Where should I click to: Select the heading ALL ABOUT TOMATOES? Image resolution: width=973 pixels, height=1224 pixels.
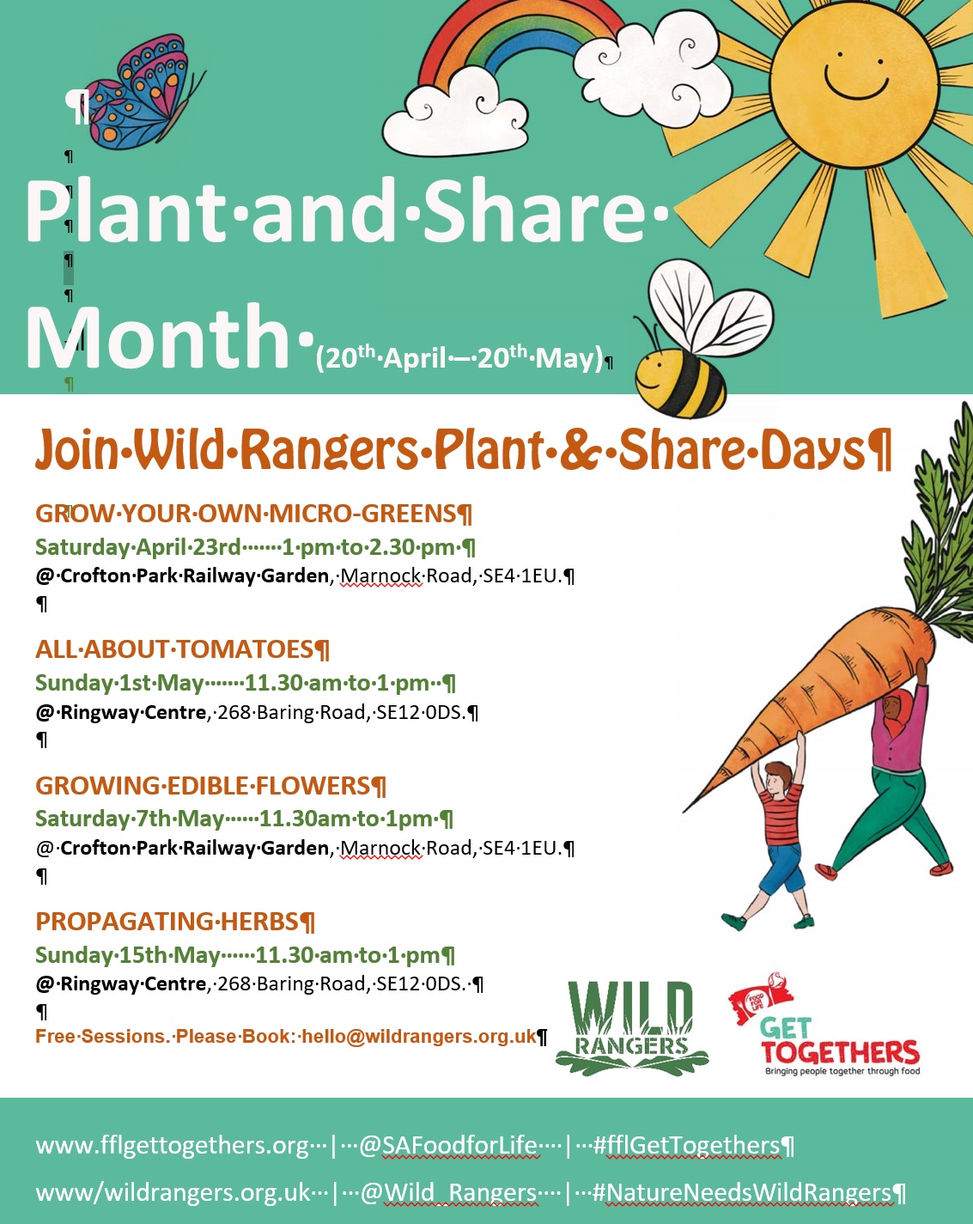(174, 649)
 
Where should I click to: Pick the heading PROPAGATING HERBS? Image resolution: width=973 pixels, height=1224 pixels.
(167, 921)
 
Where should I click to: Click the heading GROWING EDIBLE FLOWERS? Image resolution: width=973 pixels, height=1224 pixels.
(203, 785)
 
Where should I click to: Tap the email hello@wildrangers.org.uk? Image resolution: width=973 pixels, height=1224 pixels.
(419, 1036)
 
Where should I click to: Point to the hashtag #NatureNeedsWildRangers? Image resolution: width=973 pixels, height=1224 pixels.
(741, 1191)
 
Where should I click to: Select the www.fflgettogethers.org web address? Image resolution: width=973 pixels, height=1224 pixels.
(173, 1145)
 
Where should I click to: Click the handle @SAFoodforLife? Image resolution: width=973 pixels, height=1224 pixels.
(448, 1144)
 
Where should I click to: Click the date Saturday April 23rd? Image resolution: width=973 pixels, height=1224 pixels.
(138, 547)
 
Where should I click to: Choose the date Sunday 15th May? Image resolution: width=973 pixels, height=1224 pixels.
(127, 955)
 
